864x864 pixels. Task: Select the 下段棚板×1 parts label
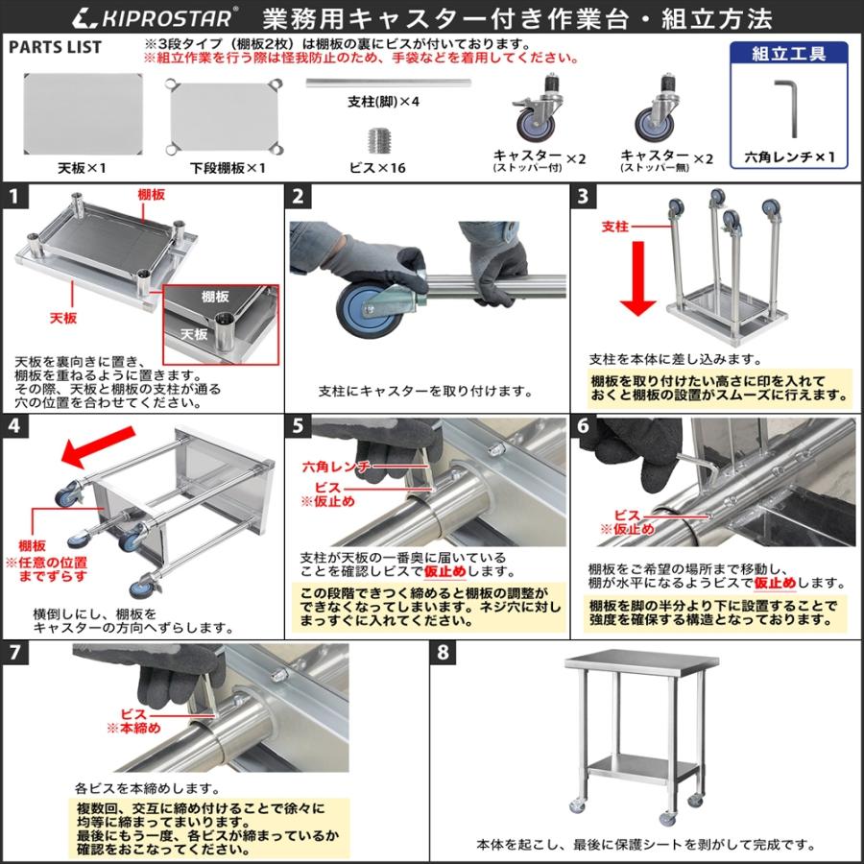pyautogui.click(x=227, y=167)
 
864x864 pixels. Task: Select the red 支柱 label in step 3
pyautogui.click(x=614, y=227)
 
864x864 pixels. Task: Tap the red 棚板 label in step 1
pyautogui.click(x=151, y=194)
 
